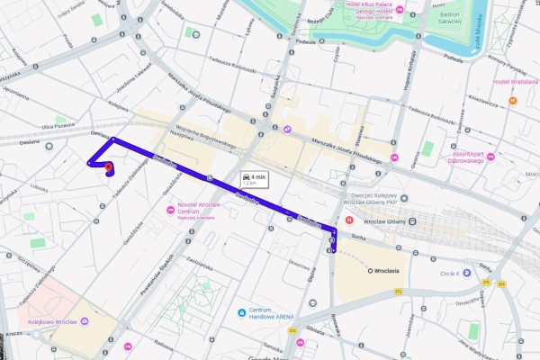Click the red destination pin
(x=108, y=166)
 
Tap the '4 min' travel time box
(x=253, y=179)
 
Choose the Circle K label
(x=450, y=274)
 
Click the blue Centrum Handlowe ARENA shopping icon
(x=241, y=312)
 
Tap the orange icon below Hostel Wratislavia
(x=512, y=101)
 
